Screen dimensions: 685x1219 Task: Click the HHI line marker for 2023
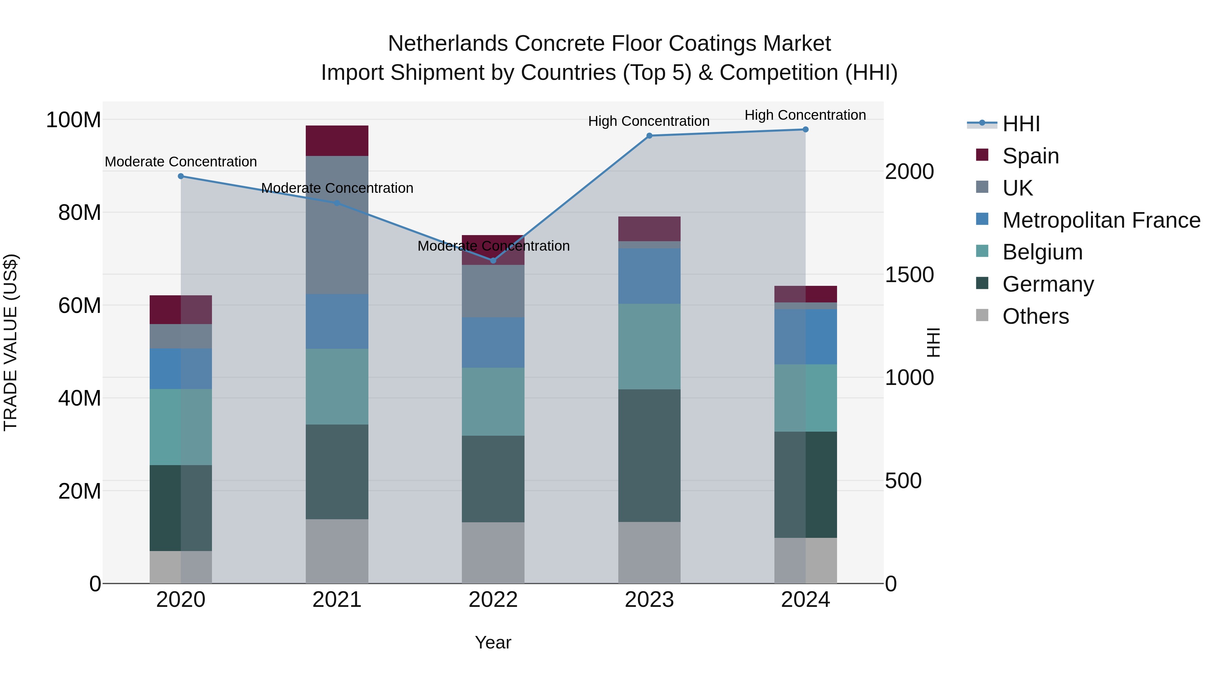649,136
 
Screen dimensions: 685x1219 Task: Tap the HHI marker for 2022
493,260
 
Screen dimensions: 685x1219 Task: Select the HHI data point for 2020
181,176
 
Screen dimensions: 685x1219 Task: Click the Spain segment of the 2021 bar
337,141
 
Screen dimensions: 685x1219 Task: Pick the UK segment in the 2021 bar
337,225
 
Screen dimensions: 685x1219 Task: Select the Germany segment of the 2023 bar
649,456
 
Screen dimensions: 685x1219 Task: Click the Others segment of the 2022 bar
493,553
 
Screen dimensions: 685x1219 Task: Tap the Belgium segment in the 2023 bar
649,346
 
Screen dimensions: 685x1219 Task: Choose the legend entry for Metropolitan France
1101,220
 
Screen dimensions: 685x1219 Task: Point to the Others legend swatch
982,315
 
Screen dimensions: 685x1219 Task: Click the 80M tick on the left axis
80,213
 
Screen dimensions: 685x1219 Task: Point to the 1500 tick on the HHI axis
909,275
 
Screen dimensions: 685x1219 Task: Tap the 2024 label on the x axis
806,600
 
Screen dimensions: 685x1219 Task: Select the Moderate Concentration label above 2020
181,162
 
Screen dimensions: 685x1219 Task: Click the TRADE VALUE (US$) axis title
10,342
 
